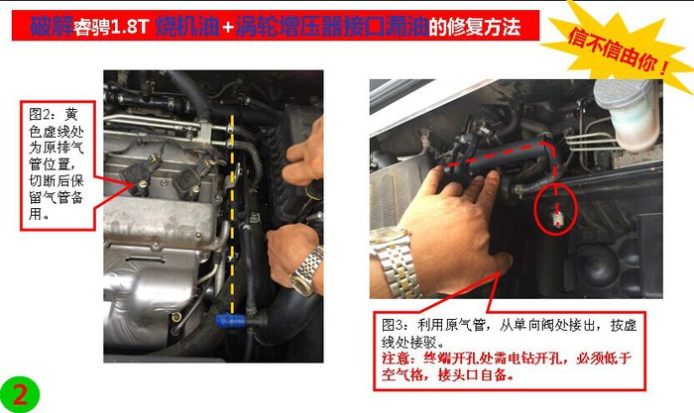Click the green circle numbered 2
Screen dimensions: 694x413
pyautogui.click(x=20, y=394)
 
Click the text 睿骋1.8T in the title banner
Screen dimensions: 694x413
pyautogui.click(x=111, y=28)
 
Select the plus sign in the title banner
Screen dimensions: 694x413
pyautogui.click(x=228, y=28)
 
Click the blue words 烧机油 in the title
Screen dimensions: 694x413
pyautogui.click(x=187, y=27)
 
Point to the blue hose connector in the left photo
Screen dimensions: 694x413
pyautogui.click(x=230, y=321)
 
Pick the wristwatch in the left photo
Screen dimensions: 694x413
pyautogui.click(x=307, y=270)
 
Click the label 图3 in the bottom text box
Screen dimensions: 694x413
pyautogui.click(x=394, y=325)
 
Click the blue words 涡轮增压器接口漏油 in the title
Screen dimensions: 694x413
pyautogui.click(x=332, y=27)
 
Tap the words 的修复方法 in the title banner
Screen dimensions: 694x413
pyautogui.click(x=475, y=28)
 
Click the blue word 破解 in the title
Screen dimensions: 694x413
pyautogui.click(x=52, y=27)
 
